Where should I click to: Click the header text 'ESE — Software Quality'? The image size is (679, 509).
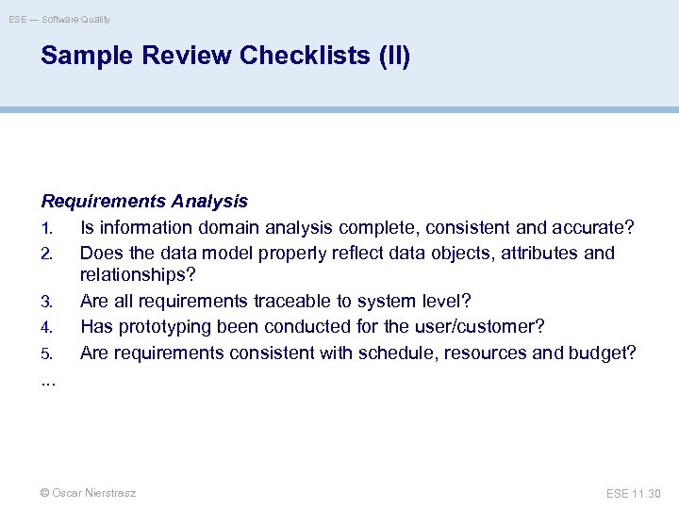tap(59, 19)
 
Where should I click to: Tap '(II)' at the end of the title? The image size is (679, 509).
tap(394, 57)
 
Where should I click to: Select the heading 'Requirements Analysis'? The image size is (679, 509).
tap(144, 201)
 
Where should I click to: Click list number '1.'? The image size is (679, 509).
tap(47, 228)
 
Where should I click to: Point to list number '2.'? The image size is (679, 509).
tap(47, 254)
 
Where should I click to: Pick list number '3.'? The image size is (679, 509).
tap(47, 303)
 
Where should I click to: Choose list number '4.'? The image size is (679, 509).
tap(47, 327)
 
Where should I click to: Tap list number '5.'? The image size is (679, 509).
tap(47, 353)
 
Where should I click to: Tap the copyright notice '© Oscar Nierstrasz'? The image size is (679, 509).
tap(88, 493)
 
